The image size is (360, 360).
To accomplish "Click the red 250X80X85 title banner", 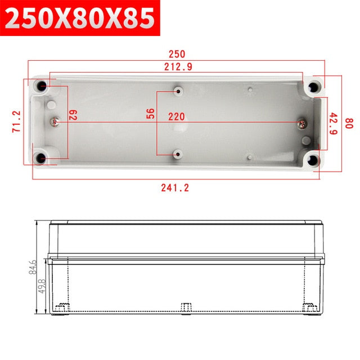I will [x=80, y=18].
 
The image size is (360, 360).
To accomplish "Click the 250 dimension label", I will [x=176, y=54].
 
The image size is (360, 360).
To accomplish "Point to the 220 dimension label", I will [x=177, y=116].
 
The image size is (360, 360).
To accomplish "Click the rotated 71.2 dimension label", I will [x=16, y=121].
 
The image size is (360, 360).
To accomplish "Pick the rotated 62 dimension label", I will [x=73, y=115].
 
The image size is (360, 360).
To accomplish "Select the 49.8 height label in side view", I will [x=41, y=285].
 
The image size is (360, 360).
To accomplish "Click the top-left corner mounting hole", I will [x=43, y=86].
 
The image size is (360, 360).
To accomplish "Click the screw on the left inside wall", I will [x=56, y=120].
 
